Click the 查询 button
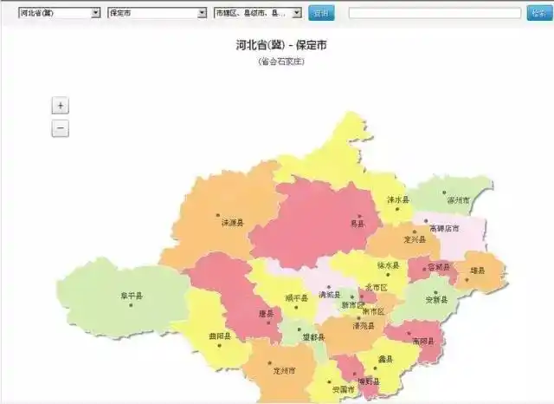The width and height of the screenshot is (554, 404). [x=321, y=13]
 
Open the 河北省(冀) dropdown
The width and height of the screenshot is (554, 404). [x=59, y=13]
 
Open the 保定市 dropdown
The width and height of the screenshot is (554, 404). [x=157, y=13]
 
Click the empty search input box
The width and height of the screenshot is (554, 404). [x=435, y=13]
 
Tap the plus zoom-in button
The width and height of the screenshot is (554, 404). [x=60, y=106]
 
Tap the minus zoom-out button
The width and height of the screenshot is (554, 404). [x=60, y=128]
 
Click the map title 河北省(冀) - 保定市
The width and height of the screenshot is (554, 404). [x=281, y=45]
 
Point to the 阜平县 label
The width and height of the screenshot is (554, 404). [x=132, y=296]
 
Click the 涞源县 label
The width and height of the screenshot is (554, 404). [x=232, y=223]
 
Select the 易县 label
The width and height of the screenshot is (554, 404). [x=358, y=223]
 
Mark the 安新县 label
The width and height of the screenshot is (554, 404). [x=437, y=299]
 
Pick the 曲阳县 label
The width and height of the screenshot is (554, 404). [x=220, y=336]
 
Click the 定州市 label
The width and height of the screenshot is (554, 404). [x=284, y=371]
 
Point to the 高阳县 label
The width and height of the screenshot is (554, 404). [x=423, y=339]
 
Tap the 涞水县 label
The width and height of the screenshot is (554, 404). [x=397, y=199]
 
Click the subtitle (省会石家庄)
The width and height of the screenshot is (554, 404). [x=281, y=62]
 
